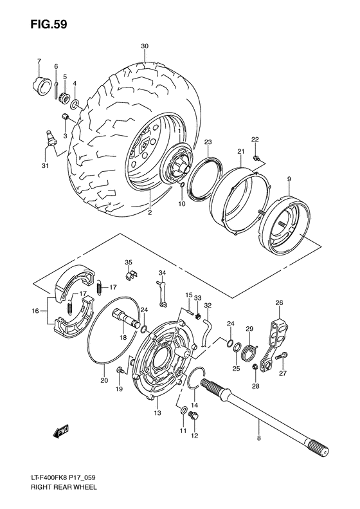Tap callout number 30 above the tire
[145, 46]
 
